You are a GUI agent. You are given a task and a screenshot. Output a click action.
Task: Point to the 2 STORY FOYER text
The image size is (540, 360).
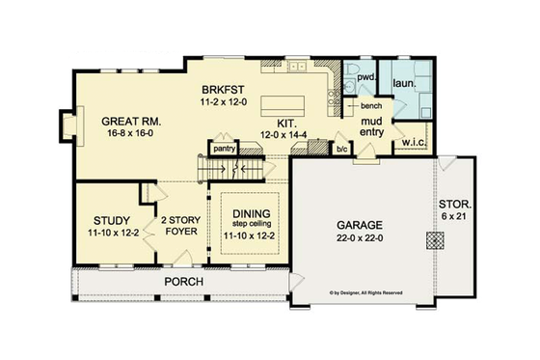tap(179, 225)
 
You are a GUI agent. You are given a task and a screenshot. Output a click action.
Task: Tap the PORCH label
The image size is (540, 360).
tap(181, 282)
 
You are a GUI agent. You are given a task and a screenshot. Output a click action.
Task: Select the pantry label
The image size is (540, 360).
tap(224, 150)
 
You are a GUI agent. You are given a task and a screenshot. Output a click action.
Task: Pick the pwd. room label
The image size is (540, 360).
tap(365, 74)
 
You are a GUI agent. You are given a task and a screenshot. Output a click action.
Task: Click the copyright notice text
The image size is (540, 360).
tap(365, 291)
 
